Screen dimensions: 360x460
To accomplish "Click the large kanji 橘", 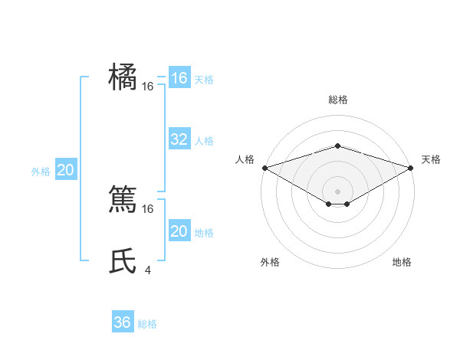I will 123,77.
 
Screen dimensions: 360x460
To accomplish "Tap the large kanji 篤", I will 123,201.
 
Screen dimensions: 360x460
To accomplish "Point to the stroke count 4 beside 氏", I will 147,270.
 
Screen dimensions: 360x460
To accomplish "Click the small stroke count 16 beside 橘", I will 148,87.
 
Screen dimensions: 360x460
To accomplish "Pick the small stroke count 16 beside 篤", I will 148,208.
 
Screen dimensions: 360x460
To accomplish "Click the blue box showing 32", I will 179,139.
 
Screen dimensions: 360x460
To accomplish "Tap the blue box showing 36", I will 123,322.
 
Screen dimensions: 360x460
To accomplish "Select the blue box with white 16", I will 179,78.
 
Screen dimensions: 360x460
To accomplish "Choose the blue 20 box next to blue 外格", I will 65,170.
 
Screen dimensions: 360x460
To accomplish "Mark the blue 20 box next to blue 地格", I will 179,231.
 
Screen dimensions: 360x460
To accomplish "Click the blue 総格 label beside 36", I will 147,324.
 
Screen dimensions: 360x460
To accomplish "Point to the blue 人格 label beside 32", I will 204,141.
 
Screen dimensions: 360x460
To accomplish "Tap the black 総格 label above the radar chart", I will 337,100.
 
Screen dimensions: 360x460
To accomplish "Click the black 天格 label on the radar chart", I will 431,159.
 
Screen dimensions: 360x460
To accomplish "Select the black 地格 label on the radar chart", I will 402,263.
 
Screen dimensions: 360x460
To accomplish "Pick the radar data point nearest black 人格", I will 264,167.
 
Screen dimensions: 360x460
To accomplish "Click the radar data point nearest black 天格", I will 410,167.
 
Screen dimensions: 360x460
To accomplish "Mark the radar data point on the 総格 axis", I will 337,146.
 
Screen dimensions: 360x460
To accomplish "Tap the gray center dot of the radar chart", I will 337,191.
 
